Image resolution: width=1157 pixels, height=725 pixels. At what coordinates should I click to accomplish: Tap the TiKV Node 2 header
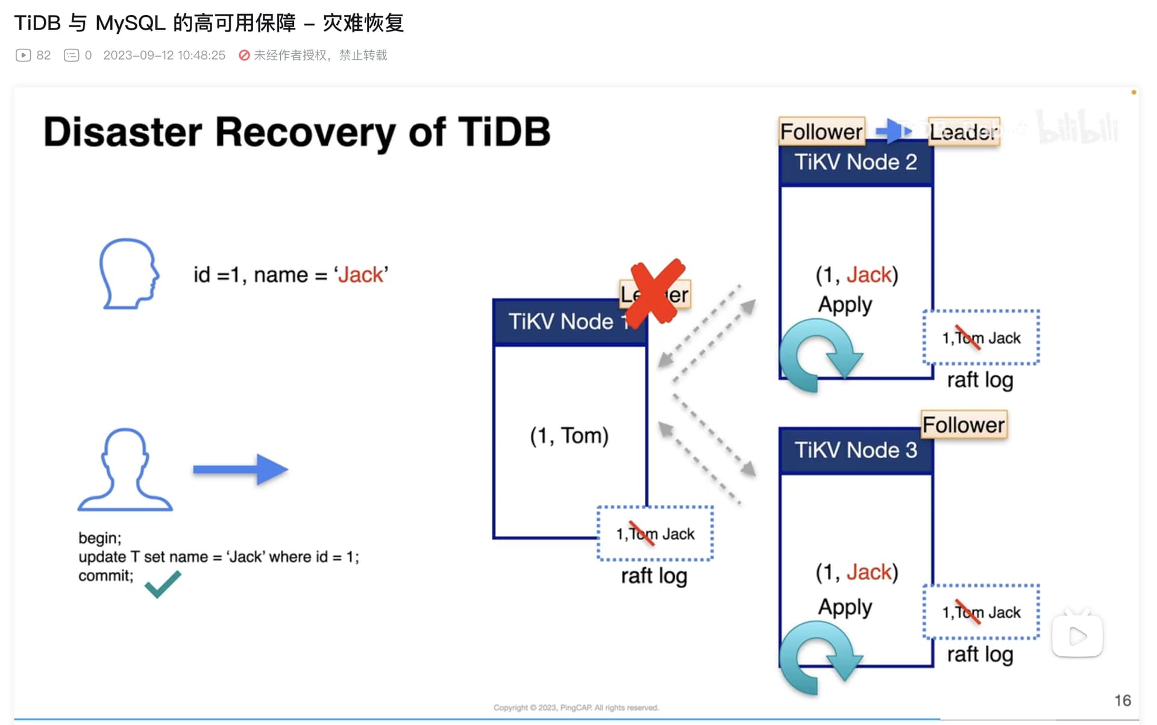pos(855,162)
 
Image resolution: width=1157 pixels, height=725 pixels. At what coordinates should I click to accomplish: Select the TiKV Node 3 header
pos(855,450)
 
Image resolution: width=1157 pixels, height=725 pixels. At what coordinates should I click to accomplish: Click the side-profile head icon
pos(128,274)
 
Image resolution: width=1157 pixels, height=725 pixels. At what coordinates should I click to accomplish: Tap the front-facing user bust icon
pos(125,471)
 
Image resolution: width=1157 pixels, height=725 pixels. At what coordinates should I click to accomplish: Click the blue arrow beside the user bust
pos(240,469)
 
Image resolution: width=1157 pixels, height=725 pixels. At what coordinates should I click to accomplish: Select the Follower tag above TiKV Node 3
pos(964,425)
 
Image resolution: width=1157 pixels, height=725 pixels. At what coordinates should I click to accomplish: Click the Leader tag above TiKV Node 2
pos(964,131)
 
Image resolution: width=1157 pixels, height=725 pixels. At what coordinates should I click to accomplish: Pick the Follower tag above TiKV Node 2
pos(821,131)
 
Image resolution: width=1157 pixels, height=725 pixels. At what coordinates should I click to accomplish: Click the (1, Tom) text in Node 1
pos(569,436)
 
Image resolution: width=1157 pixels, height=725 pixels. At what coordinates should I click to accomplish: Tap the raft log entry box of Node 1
pos(655,534)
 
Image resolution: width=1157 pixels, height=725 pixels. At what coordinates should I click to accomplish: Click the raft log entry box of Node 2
pos(981,337)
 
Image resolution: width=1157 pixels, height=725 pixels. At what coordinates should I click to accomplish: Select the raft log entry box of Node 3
pos(981,612)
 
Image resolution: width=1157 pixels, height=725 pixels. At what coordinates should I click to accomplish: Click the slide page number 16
pos(1122,700)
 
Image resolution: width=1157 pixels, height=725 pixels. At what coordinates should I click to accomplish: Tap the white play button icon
pos(1077,636)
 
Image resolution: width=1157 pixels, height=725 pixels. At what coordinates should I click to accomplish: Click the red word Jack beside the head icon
pos(360,275)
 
